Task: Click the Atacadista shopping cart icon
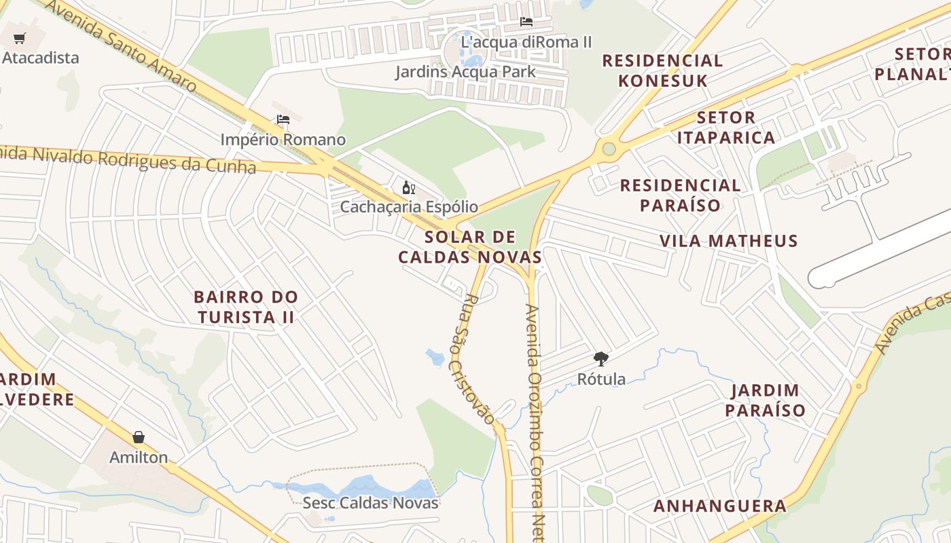tap(20, 38)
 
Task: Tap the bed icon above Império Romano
tap(283, 120)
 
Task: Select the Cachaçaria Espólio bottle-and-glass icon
tap(409, 188)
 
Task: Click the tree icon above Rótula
tap(600, 359)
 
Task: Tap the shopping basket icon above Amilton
tap(139, 437)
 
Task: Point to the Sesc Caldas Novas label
tap(370, 503)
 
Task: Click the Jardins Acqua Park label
tap(465, 71)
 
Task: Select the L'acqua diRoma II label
tap(526, 42)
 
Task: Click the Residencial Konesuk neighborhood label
tap(662, 71)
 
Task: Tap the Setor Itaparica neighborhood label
tap(726, 128)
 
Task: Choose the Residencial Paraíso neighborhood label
tap(680, 195)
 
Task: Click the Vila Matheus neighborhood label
tap(729, 241)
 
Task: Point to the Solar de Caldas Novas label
tap(470, 247)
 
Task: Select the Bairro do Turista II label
tap(245, 307)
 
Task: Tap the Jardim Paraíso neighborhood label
tap(765, 400)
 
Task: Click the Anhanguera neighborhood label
tap(720, 506)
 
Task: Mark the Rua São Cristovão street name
tap(473, 358)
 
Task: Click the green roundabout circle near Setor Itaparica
tap(609, 149)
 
